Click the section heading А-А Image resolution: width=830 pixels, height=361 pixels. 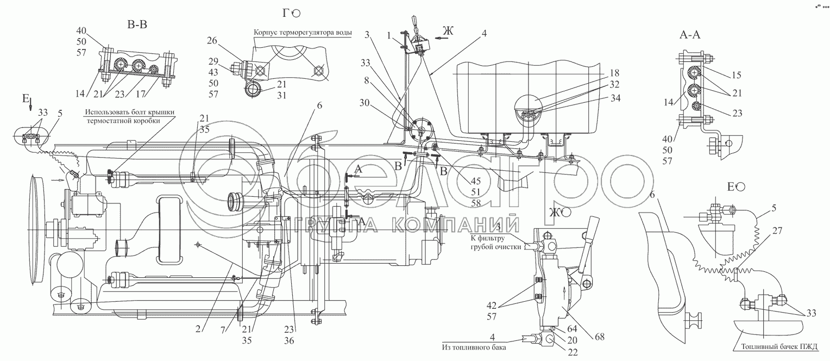tap(690, 35)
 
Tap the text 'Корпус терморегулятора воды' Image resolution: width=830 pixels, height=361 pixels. tap(303, 32)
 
